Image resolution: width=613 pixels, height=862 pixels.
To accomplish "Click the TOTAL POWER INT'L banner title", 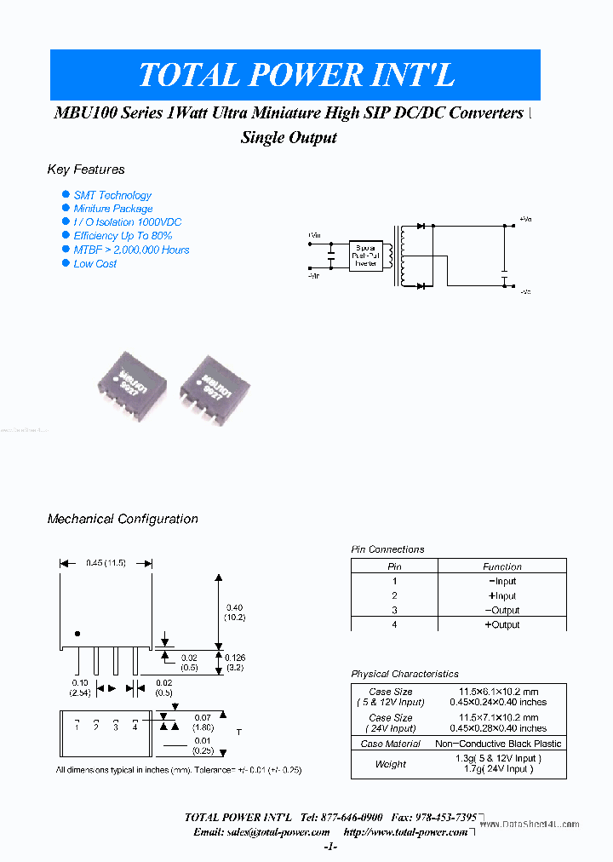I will tap(295, 75).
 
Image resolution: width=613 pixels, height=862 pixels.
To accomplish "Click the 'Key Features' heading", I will tap(86, 170).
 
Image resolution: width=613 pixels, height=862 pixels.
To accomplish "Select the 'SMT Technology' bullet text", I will tap(112, 195).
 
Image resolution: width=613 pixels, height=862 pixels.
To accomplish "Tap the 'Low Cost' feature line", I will tap(95, 264).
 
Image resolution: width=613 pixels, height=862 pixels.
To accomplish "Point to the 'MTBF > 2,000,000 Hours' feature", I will tap(131, 250).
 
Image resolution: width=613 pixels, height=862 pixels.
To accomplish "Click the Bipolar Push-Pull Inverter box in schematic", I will tap(366, 255).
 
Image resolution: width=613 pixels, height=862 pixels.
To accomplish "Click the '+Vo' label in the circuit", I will tap(524, 220).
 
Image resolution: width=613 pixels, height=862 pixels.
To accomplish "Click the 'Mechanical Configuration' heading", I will tap(123, 519).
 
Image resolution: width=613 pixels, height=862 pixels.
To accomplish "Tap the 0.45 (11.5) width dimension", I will tap(106, 563).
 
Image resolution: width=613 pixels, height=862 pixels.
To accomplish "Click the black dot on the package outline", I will tap(77, 634).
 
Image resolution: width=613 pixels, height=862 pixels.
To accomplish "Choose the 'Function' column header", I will tap(502, 566).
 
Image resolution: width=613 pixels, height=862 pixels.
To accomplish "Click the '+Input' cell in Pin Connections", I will tap(502, 595).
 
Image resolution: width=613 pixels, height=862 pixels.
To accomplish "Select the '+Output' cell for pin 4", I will tap(502, 624).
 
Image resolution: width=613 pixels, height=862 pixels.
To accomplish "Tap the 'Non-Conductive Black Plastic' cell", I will tap(498, 744).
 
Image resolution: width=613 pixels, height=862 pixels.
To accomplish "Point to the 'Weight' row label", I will tap(391, 764).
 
